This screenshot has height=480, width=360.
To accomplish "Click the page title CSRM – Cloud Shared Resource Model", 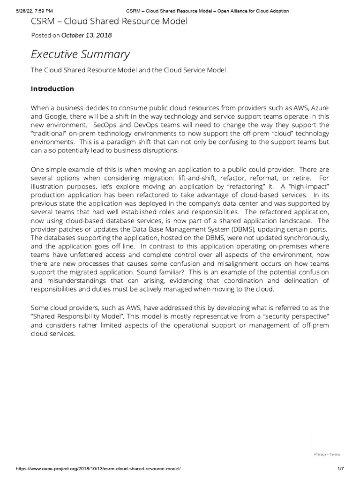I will pyautogui.click(x=109, y=21).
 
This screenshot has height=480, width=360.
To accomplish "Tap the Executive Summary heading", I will pyautogui.click(x=80, y=54).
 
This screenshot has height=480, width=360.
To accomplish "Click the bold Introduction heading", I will pyautogui.click(x=52, y=89).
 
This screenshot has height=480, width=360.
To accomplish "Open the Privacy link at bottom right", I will pyautogui.click(x=320, y=454).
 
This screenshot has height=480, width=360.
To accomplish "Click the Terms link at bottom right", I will pyautogui.click(x=335, y=454).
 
